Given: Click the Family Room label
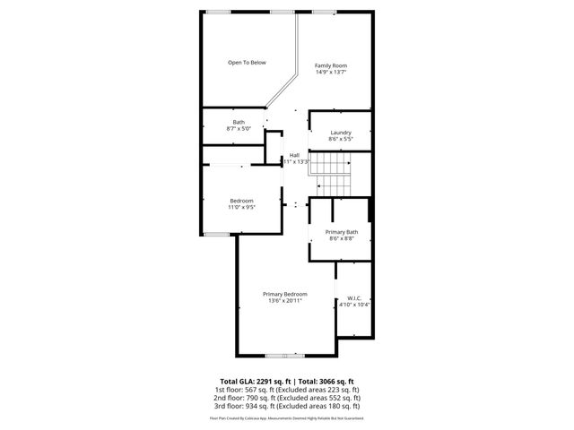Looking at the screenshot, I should (x=330, y=65).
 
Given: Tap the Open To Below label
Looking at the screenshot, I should (x=246, y=63).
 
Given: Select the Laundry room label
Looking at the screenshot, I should (x=340, y=133).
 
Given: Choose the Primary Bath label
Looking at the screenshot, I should (x=341, y=232).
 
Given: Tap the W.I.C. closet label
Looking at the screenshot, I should (x=353, y=299).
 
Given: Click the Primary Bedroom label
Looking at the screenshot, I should (x=285, y=294).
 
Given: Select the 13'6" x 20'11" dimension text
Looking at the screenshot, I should (x=285, y=301).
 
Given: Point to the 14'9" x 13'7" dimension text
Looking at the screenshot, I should (x=330, y=73).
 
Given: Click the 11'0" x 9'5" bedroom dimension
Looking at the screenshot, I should (x=241, y=208).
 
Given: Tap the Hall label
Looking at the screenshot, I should (x=294, y=155).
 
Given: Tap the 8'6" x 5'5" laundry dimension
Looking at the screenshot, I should (x=340, y=140).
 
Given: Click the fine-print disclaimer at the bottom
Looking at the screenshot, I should (x=287, y=417).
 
